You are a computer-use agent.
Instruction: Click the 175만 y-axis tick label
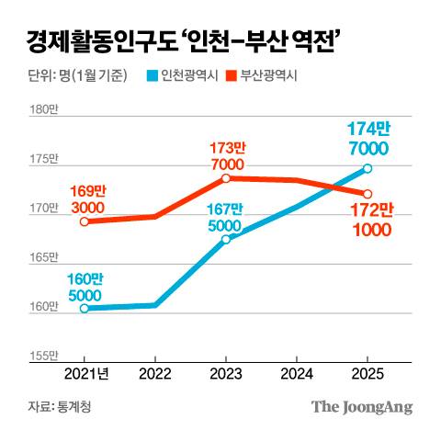coord(44,160)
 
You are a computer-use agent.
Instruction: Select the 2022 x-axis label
coord(155,374)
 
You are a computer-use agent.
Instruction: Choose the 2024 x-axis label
coord(297,374)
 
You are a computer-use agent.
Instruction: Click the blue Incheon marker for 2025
coord(367,168)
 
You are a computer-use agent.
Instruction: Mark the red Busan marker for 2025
coord(367,194)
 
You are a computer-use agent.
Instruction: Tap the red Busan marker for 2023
coord(226,177)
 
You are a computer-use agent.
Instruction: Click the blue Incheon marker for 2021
coord(85,308)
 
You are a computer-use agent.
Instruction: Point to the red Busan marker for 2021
coord(85,221)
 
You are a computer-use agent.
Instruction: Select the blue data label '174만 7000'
coord(367,140)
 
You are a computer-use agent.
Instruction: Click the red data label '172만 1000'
coord(371,221)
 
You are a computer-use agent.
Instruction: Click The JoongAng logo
coord(361,407)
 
